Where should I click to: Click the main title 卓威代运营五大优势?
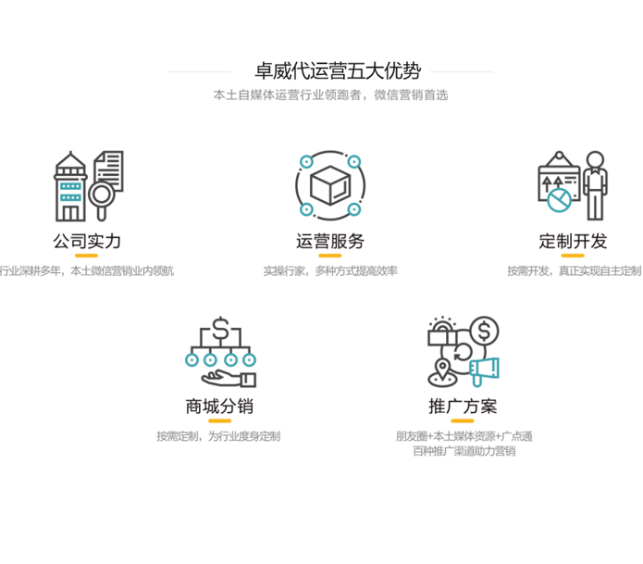point(330,70)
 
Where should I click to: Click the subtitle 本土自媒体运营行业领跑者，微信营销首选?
point(330,95)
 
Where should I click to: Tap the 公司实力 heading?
point(87,242)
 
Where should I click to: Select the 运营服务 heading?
point(330,242)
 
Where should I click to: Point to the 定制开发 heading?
point(574,242)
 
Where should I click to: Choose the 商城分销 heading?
point(219,406)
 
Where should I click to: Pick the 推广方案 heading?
point(464,406)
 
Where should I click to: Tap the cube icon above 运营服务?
point(330,185)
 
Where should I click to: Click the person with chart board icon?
point(573,185)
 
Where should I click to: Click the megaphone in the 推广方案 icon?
point(485,371)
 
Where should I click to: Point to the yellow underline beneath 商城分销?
point(219,420)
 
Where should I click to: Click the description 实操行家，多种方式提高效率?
point(330,271)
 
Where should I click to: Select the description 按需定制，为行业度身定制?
point(218,436)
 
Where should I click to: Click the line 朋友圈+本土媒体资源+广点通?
point(464,436)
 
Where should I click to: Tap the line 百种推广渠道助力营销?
point(464,452)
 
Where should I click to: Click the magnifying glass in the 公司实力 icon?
point(104,195)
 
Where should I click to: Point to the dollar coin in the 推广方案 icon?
point(484,331)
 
